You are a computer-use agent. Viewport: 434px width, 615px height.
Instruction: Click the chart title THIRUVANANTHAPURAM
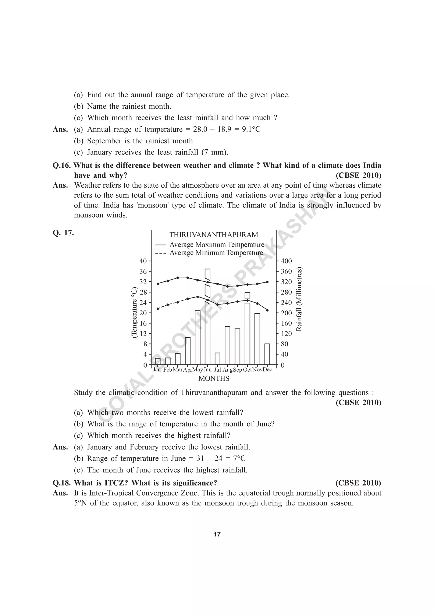pyautogui.click(x=214, y=235)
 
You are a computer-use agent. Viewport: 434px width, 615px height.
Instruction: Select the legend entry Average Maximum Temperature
pyautogui.click(x=217, y=244)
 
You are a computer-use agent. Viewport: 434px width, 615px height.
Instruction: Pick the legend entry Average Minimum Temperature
pyautogui.click(x=216, y=253)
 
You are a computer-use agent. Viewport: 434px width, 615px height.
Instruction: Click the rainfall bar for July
pyautogui.click(x=217, y=359)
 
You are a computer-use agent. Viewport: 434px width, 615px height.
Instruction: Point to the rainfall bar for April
pyautogui.click(x=188, y=351)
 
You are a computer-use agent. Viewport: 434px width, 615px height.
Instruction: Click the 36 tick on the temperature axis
pyautogui.click(x=143, y=271)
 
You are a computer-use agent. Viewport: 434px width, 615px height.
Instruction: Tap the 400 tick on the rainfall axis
pyautogui.click(x=286, y=261)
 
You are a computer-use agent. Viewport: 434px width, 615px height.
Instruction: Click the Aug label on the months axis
pyautogui.click(x=227, y=370)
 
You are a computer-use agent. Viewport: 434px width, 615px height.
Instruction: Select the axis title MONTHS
pyautogui.click(x=214, y=378)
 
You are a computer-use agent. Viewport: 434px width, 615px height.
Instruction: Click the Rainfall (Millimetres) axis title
pyautogui.click(x=299, y=299)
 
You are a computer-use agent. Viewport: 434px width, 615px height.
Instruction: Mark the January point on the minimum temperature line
pyautogui.click(x=158, y=309)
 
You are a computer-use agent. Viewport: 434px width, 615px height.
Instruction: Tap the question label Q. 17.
pyautogui.click(x=63, y=233)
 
